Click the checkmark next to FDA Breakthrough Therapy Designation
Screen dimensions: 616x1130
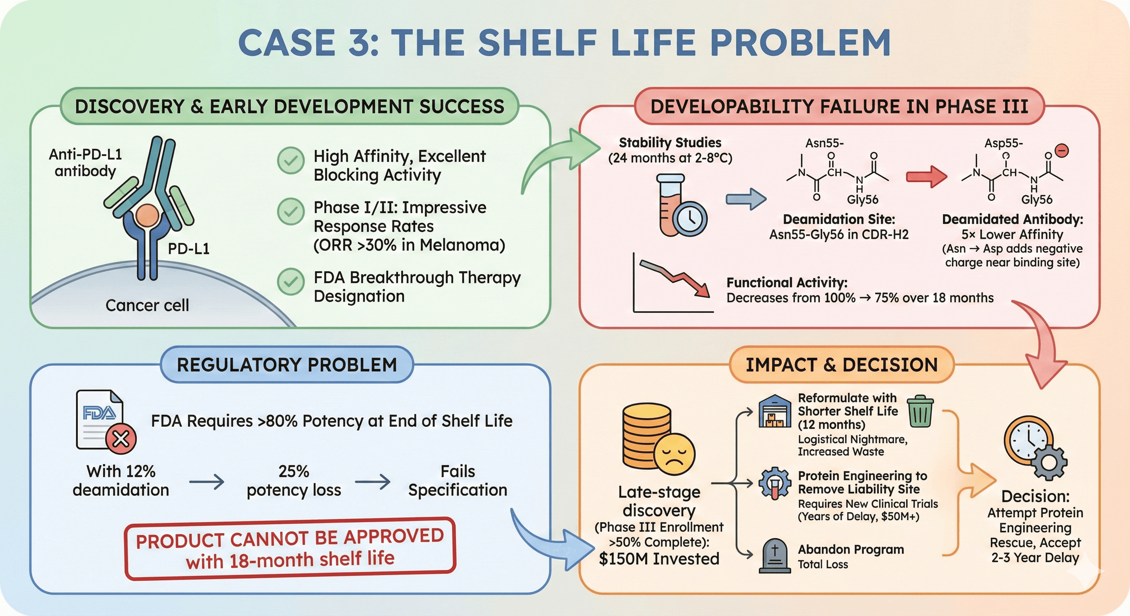coord(291,281)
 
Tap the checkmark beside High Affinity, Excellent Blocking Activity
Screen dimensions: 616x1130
coord(291,160)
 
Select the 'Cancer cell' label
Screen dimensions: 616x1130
coord(147,305)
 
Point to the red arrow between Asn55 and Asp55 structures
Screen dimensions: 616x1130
coord(926,177)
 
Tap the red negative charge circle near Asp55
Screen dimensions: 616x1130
coord(1061,151)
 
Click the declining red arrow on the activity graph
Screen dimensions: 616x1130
coord(675,278)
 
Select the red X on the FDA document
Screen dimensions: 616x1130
coord(121,438)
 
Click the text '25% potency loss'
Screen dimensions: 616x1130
coord(293,480)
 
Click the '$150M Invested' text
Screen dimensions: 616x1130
coord(659,559)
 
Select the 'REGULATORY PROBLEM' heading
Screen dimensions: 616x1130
coord(287,365)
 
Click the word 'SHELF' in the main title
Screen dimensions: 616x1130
coord(537,43)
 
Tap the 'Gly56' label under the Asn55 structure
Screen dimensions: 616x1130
coord(862,199)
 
